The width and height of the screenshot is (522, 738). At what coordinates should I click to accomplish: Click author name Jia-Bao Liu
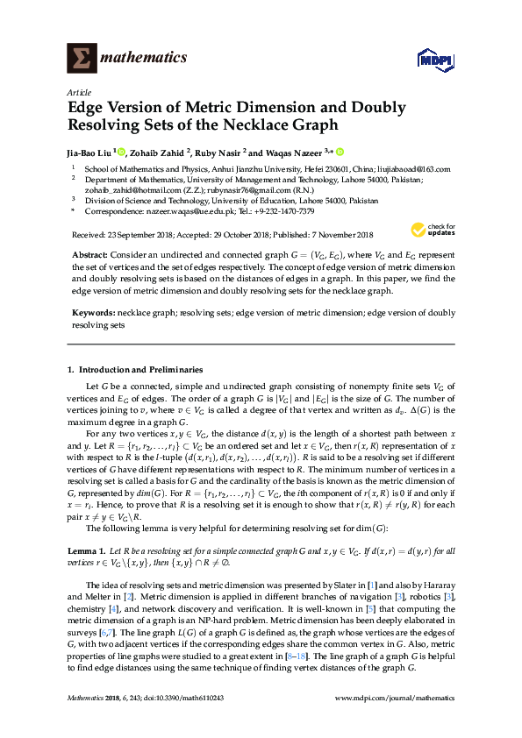click(x=90, y=152)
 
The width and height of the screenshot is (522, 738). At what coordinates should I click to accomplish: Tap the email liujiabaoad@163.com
click(x=412, y=169)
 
